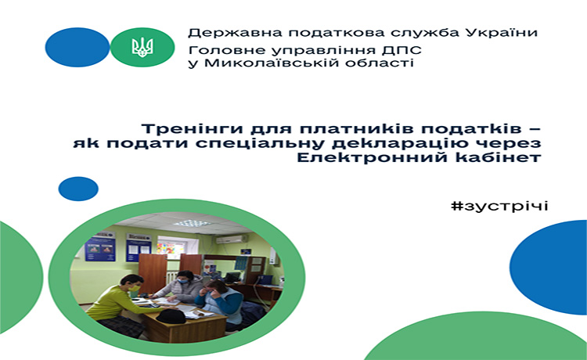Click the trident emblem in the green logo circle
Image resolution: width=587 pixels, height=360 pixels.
[x=142, y=47]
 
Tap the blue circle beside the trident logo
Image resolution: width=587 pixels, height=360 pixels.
[x=77, y=47]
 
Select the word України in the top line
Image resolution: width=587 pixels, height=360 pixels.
[x=502, y=32]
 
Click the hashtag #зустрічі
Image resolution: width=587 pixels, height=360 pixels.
[x=499, y=206]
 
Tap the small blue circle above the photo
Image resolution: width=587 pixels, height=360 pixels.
[x=78, y=189]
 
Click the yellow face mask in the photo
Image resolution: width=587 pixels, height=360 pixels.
[x=134, y=288]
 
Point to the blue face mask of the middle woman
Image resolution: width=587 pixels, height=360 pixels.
[x=182, y=281]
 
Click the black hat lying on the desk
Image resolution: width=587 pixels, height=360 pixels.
[x=171, y=317]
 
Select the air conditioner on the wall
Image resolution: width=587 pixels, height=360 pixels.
[x=231, y=239]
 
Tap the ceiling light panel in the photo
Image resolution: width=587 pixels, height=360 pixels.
[x=192, y=223]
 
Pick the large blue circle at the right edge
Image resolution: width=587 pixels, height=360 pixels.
[x=549, y=267]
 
